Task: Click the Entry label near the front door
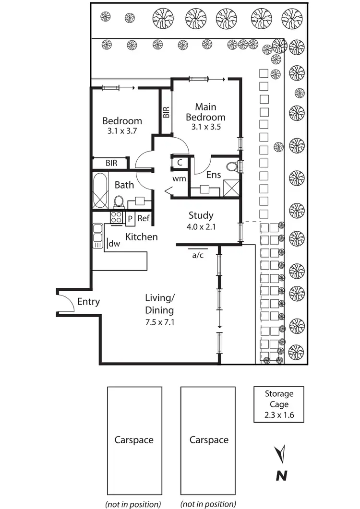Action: [x=88, y=302]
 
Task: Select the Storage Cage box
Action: [x=279, y=404]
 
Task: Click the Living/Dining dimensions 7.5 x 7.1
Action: [x=160, y=322]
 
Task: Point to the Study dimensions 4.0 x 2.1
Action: [x=201, y=227]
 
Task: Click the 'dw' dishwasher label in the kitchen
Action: [x=114, y=244]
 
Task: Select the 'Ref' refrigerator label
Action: [x=144, y=218]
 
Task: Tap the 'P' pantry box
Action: [x=130, y=219]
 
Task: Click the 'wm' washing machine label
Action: [x=179, y=179]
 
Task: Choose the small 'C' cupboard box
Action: [x=180, y=163]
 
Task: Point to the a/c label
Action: [x=198, y=255]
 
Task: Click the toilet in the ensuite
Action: [x=232, y=167]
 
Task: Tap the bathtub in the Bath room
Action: [x=100, y=190]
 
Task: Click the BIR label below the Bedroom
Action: [x=111, y=163]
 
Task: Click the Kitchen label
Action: [x=142, y=237]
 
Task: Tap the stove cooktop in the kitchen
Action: [x=117, y=217]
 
